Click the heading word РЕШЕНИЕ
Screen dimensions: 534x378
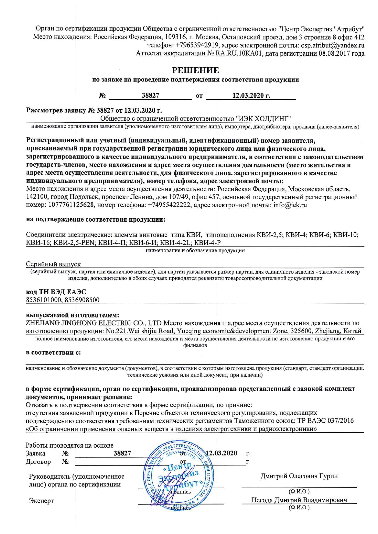[x=195, y=70]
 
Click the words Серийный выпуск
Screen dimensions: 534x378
[x=53, y=264]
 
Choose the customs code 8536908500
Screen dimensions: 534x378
[x=82, y=300]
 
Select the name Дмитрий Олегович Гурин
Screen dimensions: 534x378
[x=299, y=476]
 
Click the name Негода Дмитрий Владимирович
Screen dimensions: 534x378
[x=299, y=500]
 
